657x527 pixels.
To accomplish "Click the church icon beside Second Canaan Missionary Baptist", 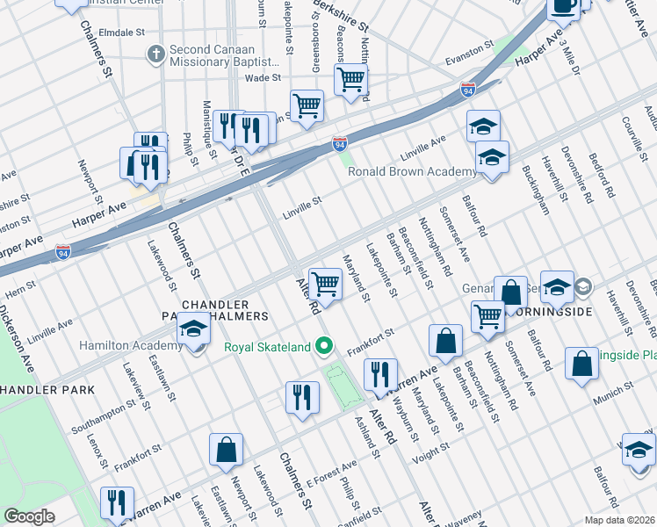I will (156, 54).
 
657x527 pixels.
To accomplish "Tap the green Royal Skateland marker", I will (324, 347).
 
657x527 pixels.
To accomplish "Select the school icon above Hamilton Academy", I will (193, 329).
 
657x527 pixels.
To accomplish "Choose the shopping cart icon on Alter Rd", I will (325, 284).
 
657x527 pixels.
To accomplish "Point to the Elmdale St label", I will (121, 32).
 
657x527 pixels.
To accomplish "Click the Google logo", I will (28, 516).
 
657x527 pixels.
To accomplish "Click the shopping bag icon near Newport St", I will (226, 450).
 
